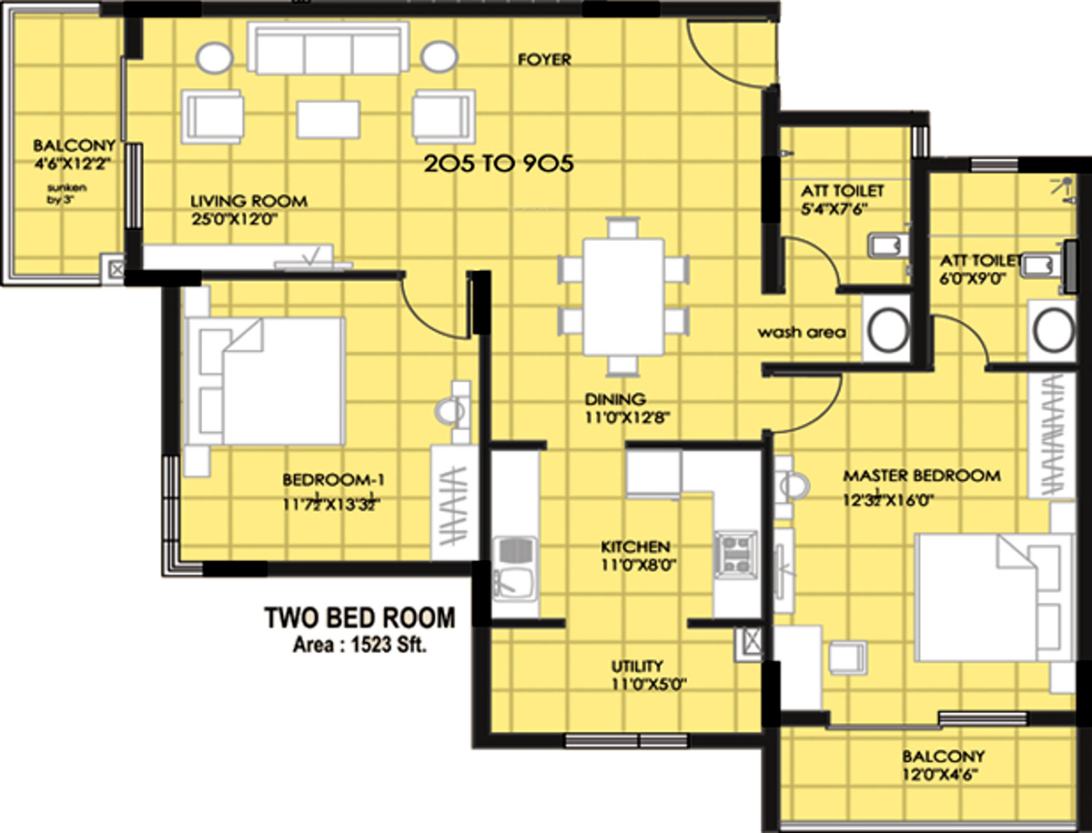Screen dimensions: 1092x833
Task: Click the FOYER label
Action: [544, 60]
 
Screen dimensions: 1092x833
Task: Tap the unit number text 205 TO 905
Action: [499, 164]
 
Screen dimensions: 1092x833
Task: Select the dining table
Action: [624, 296]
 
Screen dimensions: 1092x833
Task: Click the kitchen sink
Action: [515, 568]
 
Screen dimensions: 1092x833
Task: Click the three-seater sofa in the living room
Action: [329, 48]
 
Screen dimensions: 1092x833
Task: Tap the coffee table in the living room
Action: [329, 119]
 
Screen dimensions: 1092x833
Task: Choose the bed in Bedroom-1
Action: [265, 381]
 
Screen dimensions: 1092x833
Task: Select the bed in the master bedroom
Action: [994, 597]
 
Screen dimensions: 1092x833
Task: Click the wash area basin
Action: [887, 328]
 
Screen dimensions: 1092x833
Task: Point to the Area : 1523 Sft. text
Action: [359, 645]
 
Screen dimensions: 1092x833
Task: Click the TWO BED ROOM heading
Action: [359, 617]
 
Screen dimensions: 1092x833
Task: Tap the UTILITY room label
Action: [637, 666]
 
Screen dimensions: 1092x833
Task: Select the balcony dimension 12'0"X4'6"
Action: [940, 775]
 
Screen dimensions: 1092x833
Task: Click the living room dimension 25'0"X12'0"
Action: [234, 219]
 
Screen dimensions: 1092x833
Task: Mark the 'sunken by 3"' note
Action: [66, 194]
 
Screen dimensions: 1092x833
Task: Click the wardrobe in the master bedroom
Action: [1052, 434]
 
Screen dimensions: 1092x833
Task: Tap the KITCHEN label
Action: [635, 547]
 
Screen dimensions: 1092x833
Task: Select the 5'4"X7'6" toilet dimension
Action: [834, 209]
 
